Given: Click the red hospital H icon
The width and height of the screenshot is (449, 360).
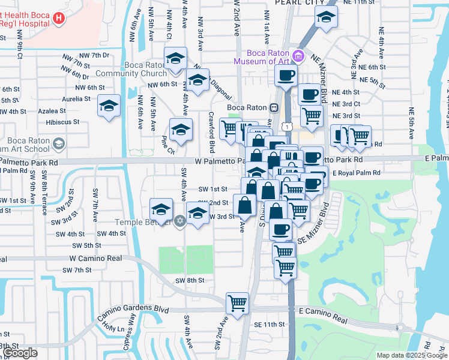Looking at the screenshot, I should [58, 18].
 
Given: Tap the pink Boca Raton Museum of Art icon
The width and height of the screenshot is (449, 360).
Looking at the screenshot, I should [298, 56].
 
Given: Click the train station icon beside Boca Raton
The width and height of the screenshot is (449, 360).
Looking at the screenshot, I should [274, 107].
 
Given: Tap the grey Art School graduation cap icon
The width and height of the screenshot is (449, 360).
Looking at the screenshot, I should [58, 143].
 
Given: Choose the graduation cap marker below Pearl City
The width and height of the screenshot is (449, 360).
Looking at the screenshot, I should [325, 17].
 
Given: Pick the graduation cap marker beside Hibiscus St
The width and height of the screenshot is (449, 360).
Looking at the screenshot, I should [109, 106].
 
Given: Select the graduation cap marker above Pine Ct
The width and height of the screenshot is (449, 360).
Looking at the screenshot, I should [181, 128].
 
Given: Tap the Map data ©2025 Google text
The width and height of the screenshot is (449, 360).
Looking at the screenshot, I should [412, 355].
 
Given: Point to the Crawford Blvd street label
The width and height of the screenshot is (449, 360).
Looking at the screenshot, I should [211, 131].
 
